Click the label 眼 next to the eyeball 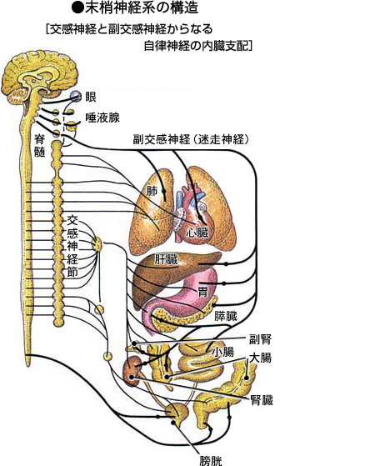(91, 98)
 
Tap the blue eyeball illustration (76, 96)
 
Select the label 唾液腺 (102, 118)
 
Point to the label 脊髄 (39, 145)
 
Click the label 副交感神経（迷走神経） (191, 139)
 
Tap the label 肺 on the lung (152, 191)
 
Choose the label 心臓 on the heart (197, 233)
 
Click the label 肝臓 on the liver (166, 259)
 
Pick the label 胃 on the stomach (203, 292)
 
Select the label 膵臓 (226, 316)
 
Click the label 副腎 (260, 339)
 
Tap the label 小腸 (222, 352)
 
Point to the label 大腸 (260, 358)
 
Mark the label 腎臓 (262, 401)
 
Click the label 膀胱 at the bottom (211, 461)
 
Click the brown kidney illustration (132, 371)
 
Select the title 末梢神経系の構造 (142, 8)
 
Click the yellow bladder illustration (177, 414)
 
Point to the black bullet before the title (77, 8)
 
